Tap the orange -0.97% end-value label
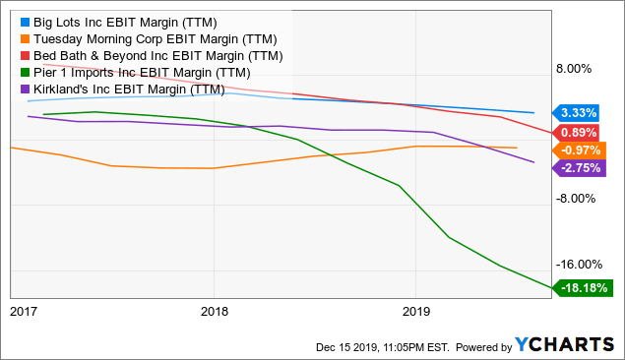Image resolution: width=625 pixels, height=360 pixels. point(580,150)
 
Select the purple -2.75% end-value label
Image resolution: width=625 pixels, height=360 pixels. point(580,167)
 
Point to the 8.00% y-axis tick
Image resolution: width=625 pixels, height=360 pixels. point(577,69)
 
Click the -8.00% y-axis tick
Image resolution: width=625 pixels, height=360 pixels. point(576,198)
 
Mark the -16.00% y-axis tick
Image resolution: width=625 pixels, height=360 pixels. point(575,264)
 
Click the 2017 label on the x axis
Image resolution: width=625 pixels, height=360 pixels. point(23,311)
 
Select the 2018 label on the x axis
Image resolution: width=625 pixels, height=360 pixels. point(214,311)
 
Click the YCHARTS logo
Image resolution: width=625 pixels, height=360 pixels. point(567,345)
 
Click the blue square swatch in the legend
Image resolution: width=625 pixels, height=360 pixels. point(25,20)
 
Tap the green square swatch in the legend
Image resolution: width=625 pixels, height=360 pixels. point(25,72)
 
